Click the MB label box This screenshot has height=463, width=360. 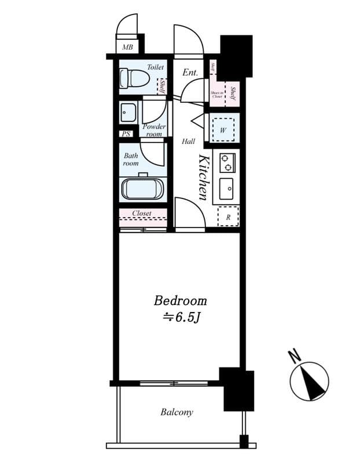127,47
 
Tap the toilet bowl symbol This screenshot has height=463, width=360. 131,79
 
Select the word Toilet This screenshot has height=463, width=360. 155,67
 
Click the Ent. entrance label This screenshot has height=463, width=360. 190,73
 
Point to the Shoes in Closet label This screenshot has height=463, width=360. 217,94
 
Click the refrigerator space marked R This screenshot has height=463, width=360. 228,217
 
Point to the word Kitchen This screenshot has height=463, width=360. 204,177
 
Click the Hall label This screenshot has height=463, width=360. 188,141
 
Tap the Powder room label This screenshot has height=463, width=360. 154,130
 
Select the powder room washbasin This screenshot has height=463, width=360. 128,112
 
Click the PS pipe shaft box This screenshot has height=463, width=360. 126,134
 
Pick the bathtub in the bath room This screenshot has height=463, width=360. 143,189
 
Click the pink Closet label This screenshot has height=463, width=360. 142,214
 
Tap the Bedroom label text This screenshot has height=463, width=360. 180,301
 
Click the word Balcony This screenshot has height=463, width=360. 177,413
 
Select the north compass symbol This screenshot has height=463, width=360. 310,381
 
